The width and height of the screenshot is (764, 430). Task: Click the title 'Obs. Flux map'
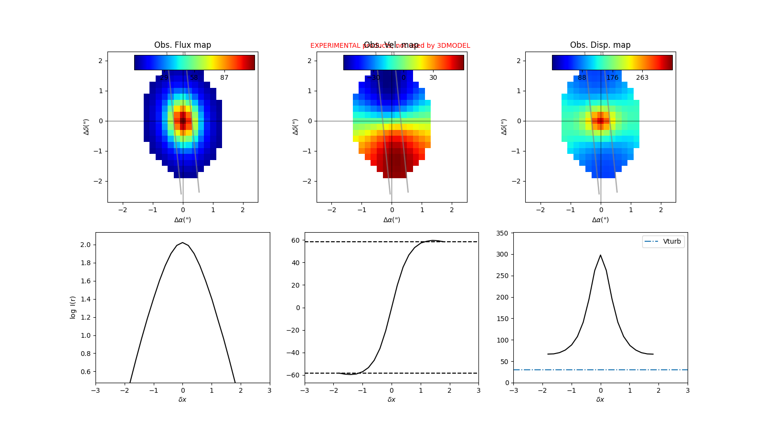pyautogui.click(x=182, y=45)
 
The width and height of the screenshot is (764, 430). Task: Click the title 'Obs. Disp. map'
pyautogui.click(x=600, y=45)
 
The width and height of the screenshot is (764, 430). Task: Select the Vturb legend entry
pyautogui.click(x=671, y=241)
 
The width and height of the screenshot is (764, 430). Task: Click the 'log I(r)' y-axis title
pyautogui.click(x=73, y=307)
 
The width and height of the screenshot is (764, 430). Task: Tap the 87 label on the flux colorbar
pyautogui.click(x=224, y=77)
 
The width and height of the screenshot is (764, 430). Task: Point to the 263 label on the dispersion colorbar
pyautogui.click(x=642, y=77)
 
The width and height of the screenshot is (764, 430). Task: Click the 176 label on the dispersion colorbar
pyautogui.click(x=612, y=77)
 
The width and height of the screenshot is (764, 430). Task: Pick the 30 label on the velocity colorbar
pyautogui.click(x=433, y=77)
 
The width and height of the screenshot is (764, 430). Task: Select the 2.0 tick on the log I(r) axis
pyautogui.click(x=85, y=245)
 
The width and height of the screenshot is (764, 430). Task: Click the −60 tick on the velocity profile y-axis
pyautogui.click(x=295, y=375)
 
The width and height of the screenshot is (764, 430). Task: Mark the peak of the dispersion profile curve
pyautogui.click(x=600, y=255)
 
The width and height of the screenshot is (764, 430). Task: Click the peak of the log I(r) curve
pyautogui.click(x=182, y=243)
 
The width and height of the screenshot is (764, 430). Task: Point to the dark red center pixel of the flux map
pyautogui.click(x=183, y=121)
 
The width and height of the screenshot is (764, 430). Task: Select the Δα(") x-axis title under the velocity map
pyautogui.click(x=392, y=220)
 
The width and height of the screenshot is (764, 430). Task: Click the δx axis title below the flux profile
pyautogui.click(x=182, y=399)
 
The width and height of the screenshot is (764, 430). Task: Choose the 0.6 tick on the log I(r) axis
pyautogui.click(x=85, y=372)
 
